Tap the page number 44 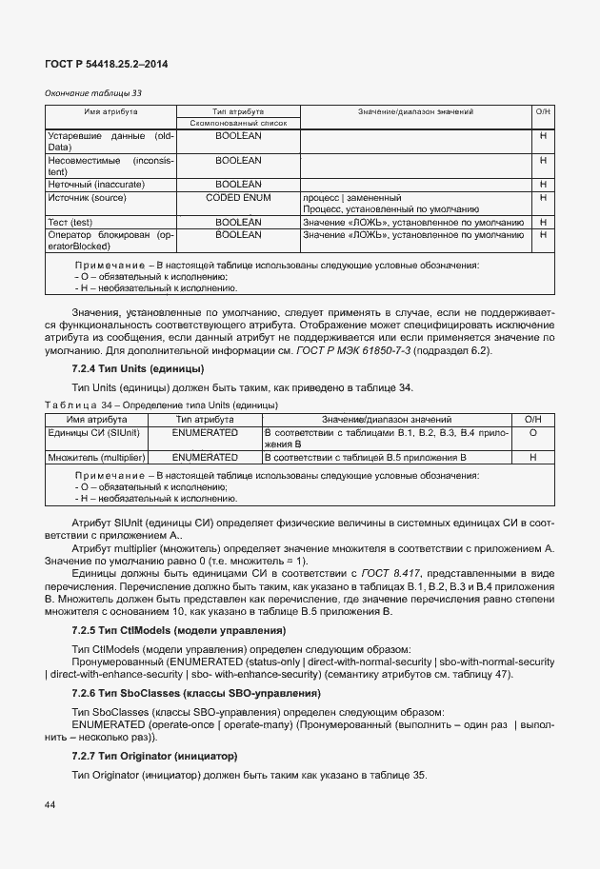49,805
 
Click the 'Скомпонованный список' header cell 238,123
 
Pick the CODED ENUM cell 238,197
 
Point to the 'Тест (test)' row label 70,222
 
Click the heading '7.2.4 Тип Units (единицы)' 138,368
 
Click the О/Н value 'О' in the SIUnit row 533,432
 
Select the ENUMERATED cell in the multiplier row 205,457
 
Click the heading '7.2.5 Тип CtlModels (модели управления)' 179,631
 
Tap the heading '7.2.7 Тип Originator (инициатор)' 154,756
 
